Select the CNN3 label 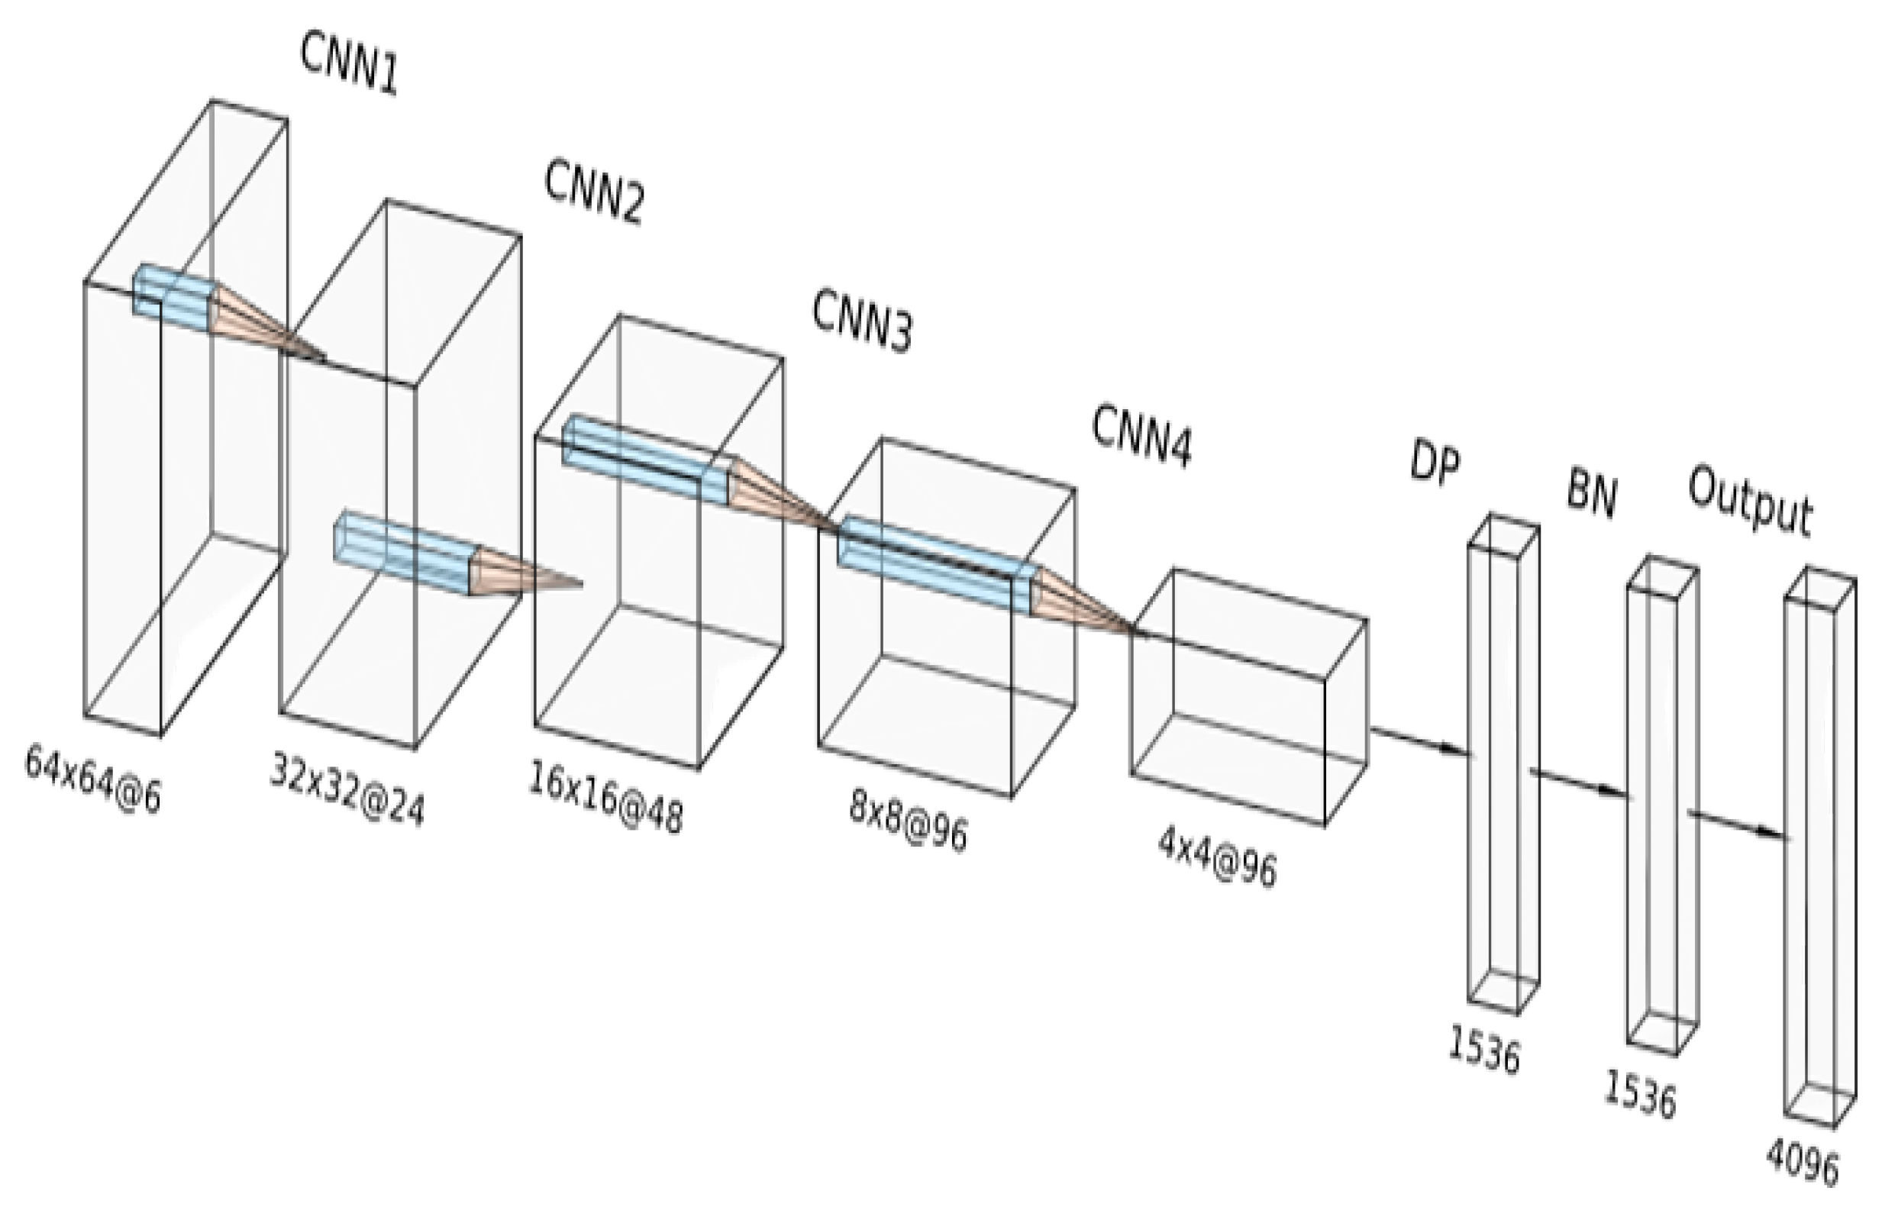pos(861,321)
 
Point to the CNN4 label pos(1141,437)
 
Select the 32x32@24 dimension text pos(347,789)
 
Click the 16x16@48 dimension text pos(605,798)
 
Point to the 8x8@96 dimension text pos(908,821)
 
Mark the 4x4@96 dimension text pos(1216,858)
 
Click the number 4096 pos(1801,1160)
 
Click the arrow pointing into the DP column pos(1419,741)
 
